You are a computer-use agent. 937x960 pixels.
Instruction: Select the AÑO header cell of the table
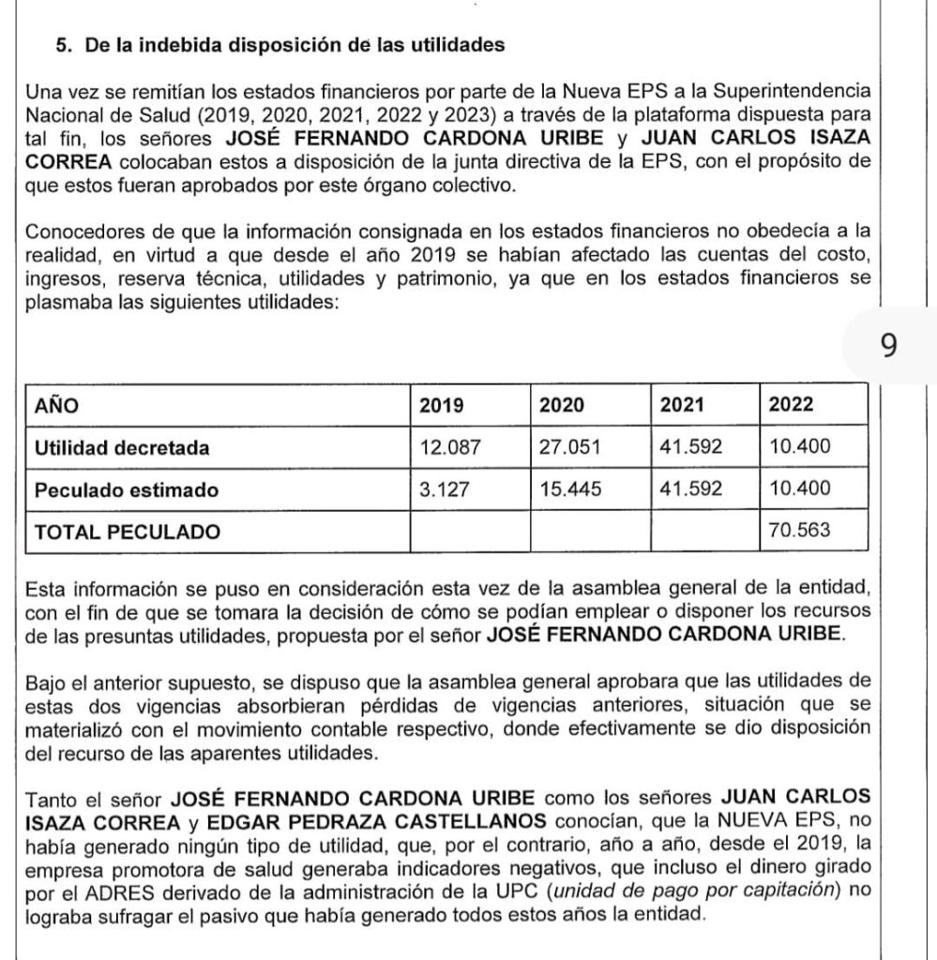(56, 406)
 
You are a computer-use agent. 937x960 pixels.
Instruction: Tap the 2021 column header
(682, 406)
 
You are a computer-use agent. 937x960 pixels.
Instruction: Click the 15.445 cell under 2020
(568, 489)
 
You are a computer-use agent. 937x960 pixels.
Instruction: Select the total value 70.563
(799, 532)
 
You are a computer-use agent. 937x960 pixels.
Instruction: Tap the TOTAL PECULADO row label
(128, 532)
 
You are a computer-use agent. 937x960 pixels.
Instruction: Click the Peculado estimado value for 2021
(690, 489)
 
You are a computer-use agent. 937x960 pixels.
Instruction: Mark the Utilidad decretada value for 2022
(799, 447)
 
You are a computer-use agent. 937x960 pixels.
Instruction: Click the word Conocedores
(83, 231)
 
